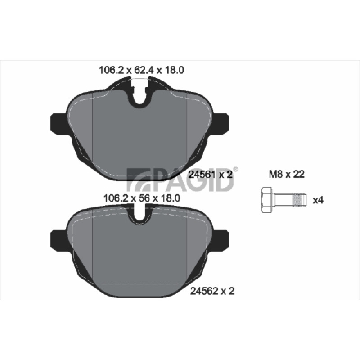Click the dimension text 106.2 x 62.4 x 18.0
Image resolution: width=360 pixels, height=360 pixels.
141,70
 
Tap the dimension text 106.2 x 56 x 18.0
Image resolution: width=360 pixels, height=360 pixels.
142,198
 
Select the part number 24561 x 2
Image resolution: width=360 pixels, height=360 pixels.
210,175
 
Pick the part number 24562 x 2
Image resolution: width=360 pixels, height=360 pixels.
212,291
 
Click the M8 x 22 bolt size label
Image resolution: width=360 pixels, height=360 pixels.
287,174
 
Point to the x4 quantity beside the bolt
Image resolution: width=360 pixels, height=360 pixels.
318,200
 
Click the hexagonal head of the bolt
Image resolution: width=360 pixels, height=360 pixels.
267,200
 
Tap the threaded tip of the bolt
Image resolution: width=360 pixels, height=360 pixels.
300,200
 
